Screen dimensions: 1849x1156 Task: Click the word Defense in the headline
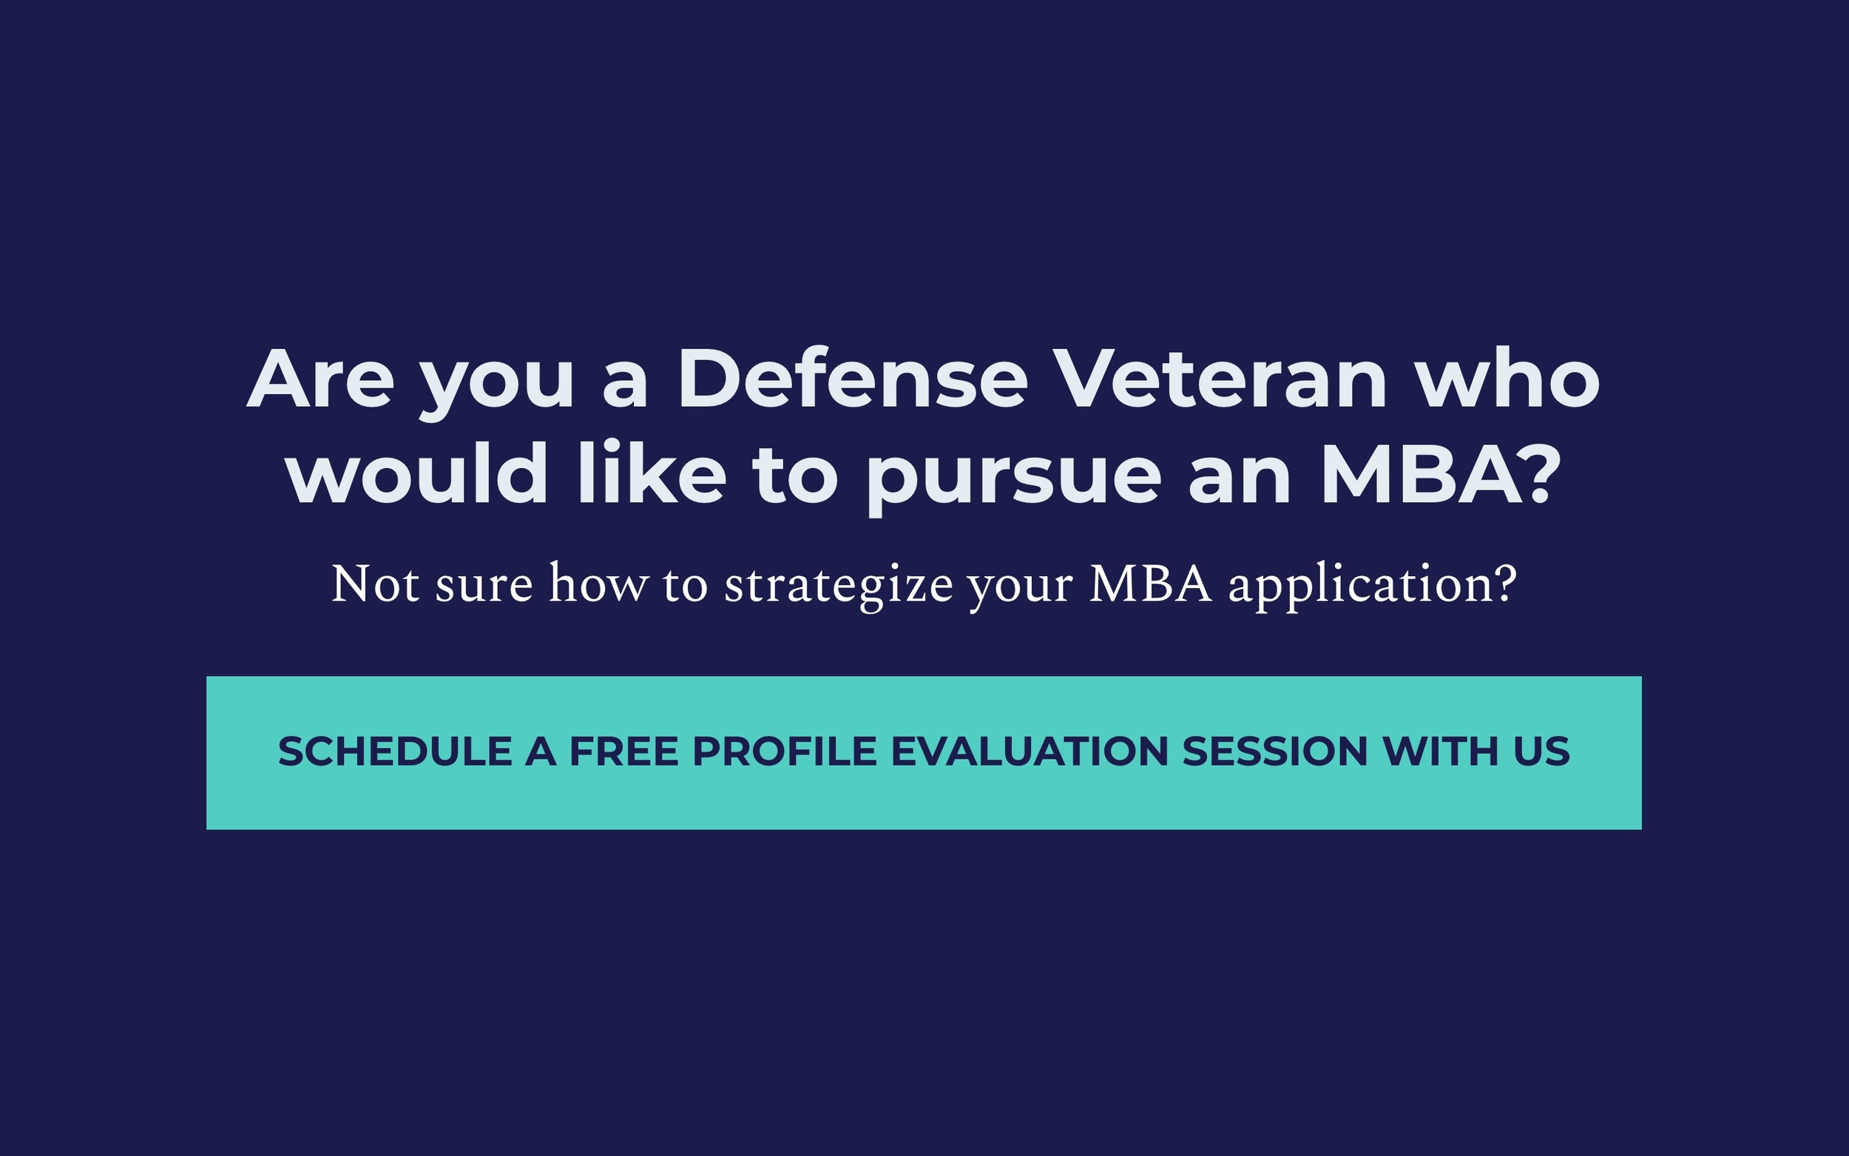pyautogui.click(x=851, y=379)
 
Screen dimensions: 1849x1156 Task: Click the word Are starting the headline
pyautogui.click(x=320, y=379)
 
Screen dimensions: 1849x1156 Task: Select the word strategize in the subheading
pyautogui.click(x=839, y=587)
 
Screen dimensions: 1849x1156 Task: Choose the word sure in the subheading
pyautogui.click(x=484, y=589)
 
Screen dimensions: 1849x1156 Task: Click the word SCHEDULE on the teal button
pyautogui.click(x=394, y=751)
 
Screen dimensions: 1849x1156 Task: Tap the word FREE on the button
pyautogui.click(x=623, y=751)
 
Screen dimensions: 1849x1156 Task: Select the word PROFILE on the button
pyautogui.click(x=784, y=751)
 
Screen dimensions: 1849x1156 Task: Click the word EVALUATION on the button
pyautogui.click(x=1030, y=751)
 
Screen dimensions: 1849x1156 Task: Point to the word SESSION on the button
pyautogui.click(x=1275, y=751)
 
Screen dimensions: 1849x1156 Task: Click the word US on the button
pyautogui.click(x=1542, y=751)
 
